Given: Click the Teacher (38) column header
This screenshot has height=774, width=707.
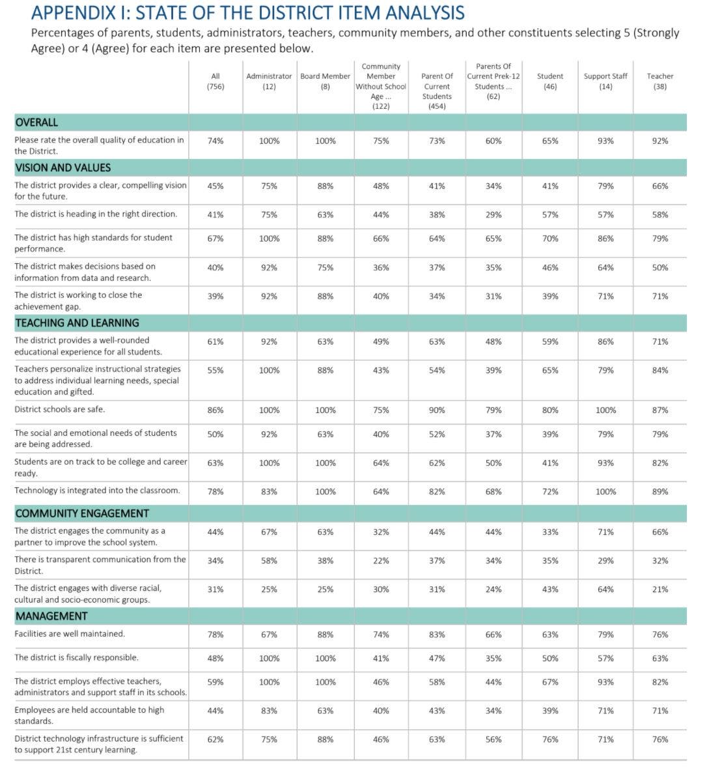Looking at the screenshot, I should (659, 81).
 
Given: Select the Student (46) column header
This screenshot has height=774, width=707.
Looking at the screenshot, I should (550, 81).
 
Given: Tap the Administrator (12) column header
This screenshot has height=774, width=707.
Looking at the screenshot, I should (269, 81).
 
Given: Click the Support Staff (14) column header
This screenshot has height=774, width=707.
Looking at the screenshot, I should (605, 81).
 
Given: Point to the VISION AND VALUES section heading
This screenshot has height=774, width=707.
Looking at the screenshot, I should (63, 168).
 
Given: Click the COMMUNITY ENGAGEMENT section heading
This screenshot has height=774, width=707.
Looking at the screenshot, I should (82, 513).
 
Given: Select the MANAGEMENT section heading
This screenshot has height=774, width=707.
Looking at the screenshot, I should (51, 616).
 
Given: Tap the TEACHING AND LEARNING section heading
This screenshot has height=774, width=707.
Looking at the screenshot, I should (77, 323).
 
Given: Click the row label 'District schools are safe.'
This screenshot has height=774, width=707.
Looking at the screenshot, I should (60, 410).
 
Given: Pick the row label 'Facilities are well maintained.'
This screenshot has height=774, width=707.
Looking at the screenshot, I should (70, 634).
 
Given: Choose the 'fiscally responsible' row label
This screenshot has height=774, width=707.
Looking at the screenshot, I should (77, 658).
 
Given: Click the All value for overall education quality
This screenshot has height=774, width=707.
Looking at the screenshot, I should (215, 141).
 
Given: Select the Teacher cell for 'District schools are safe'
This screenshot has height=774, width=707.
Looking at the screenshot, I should (659, 410).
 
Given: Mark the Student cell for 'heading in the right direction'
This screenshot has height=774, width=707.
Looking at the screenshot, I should (550, 215).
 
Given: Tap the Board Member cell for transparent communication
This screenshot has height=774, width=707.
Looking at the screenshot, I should (326, 561).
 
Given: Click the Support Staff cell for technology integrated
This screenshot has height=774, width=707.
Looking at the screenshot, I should (605, 492).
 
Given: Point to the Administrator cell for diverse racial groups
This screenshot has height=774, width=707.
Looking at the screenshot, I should (269, 590).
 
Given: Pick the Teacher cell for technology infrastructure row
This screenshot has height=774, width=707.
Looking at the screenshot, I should (659, 739).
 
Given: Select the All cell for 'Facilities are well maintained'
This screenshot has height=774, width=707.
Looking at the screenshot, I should (215, 635).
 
